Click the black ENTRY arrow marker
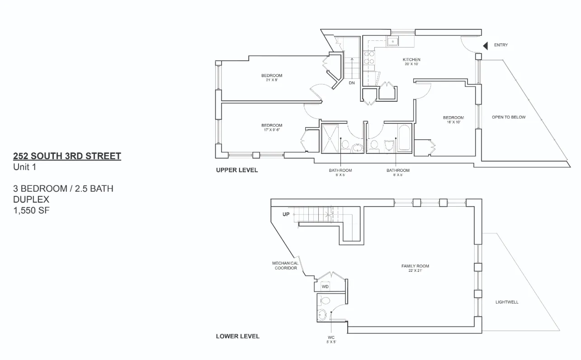click(486, 46)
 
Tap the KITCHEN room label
click(411, 60)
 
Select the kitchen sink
click(392, 42)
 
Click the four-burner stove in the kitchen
click(369, 57)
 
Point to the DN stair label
click(351, 83)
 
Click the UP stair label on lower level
click(286, 214)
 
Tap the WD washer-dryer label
click(325, 287)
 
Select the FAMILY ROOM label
click(415, 266)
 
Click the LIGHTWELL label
click(507, 302)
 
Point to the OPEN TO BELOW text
click(509, 117)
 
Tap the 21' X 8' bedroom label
click(271, 77)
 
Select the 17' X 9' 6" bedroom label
click(271, 128)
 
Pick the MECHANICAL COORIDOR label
click(285, 265)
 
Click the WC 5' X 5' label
click(331, 339)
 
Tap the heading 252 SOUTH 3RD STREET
click(67, 156)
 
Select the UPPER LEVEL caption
click(237, 171)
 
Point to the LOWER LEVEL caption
click(237, 336)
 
